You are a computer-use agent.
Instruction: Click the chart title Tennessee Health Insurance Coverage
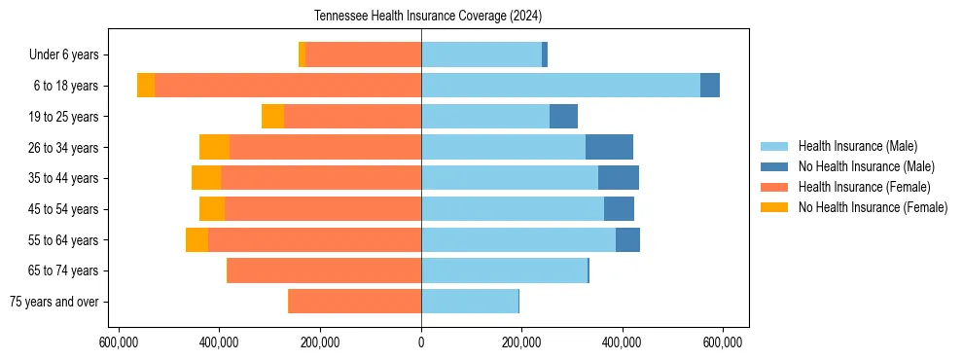(x=428, y=17)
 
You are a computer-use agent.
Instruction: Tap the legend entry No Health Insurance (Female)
(x=873, y=207)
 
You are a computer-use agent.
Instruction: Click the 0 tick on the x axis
(x=421, y=342)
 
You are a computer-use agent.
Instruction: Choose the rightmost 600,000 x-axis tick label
(x=724, y=342)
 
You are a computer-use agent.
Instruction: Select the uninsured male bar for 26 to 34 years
(x=609, y=147)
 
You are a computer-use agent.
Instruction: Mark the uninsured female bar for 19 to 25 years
(x=272, y=116)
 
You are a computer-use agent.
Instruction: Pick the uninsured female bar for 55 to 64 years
(x=196, y=239)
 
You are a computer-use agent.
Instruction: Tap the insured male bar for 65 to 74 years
(x=504, y=270)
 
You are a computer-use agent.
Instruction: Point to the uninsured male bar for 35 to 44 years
(x=619, y=178)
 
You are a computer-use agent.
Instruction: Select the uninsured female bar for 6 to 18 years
(x=146, y=86)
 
